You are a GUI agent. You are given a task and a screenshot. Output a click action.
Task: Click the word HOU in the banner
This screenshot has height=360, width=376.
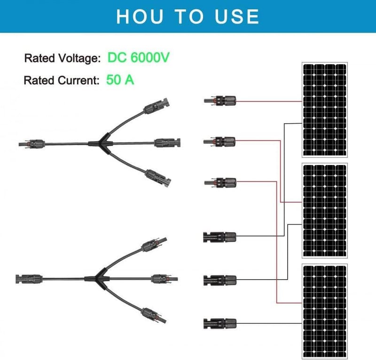tap(140, 16)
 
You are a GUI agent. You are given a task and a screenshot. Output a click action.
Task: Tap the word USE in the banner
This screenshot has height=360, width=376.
tap(237, 16)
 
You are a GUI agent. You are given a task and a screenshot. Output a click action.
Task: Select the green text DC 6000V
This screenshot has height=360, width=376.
tap(138, 57)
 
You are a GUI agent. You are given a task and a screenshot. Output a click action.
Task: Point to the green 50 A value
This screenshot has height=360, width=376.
tap(120, 79)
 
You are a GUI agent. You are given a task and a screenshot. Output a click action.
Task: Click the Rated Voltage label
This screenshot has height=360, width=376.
tap(63, 58)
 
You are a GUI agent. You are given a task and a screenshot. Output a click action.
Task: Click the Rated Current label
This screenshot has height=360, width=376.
tap(62, 80)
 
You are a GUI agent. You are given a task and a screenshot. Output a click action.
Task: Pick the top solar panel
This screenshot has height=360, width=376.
tap(325, 110)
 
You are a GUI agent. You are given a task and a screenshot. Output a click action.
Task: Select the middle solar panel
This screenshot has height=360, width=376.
tap(325, 211)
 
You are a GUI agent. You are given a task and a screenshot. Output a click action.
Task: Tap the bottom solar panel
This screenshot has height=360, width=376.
tap(325, 311)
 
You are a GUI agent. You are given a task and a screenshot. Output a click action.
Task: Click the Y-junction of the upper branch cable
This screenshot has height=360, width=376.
tap(101, 143)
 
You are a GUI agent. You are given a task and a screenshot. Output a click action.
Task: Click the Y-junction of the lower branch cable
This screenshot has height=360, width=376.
tap(98, 279)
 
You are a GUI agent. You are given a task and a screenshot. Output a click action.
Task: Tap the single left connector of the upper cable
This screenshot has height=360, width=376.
tap(32, 144)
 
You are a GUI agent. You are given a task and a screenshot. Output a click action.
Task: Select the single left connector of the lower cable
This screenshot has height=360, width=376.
tap(29, 279)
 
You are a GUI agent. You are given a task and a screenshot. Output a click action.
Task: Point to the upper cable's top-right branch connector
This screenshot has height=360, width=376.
tap(156, 106)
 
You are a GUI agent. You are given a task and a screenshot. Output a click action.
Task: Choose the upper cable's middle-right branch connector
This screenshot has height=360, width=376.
tap(167, 142)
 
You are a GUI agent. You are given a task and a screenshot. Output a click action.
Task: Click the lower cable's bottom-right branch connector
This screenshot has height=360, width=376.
tap(154, 315)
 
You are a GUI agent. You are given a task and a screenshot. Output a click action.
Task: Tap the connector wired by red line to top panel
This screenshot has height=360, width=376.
tap(220, 101)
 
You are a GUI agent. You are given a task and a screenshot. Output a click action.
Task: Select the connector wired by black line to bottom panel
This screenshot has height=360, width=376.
tap(220, 323)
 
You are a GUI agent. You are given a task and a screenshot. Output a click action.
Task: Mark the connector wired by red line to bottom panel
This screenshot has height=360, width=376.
tap(220, 182)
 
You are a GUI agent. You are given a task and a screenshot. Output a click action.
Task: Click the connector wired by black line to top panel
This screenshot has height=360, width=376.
tap(219, 237)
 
